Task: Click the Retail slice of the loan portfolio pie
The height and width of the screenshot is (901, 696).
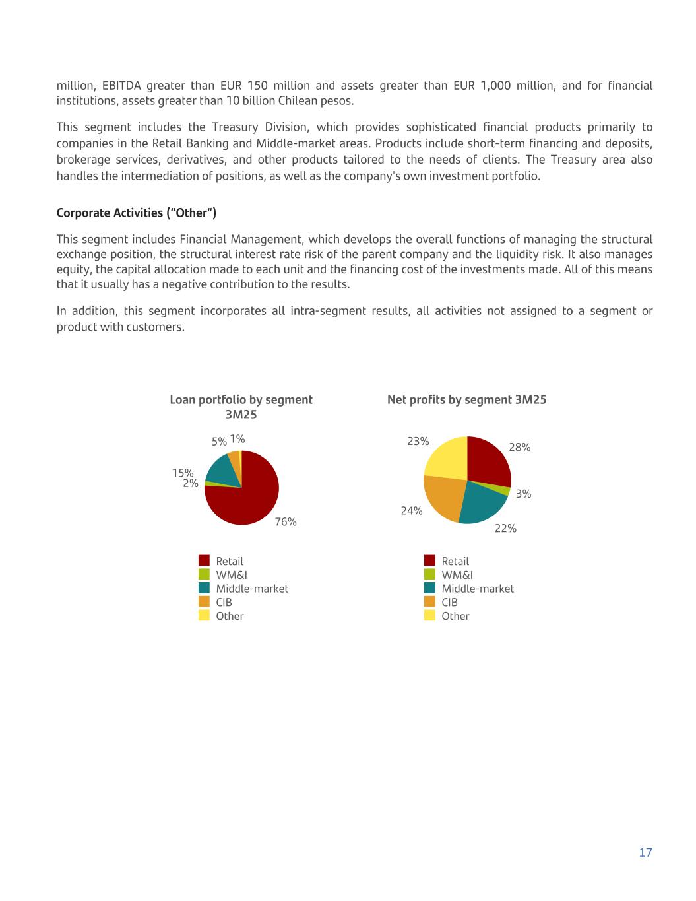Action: (x=247, y=502)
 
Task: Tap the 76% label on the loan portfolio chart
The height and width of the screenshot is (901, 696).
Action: (x=286, y=522)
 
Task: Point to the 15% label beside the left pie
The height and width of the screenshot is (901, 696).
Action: (x=183, y=473)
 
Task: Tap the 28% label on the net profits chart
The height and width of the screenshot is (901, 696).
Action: (x=520, y=448)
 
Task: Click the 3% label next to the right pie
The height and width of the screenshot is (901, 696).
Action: (x=524, y=494)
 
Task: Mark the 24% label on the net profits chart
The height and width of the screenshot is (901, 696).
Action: (x=412, y=511)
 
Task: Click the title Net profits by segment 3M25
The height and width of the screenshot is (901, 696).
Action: (x=466, y=400)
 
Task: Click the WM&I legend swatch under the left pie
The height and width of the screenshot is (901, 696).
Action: (x=204, y=575)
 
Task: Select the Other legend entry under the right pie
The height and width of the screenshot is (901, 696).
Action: (x=455, y=616)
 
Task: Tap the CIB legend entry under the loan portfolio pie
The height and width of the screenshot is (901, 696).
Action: (x=224, y=602)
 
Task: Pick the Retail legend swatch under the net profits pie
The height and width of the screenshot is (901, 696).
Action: (x=429, y=561)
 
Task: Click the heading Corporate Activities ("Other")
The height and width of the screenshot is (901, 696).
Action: (x=137, y=213)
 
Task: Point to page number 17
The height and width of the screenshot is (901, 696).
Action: (x=645, y=853)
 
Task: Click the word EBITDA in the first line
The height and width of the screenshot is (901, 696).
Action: (x=121, y=86)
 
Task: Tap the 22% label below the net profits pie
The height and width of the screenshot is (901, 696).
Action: (x=505, y=529)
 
